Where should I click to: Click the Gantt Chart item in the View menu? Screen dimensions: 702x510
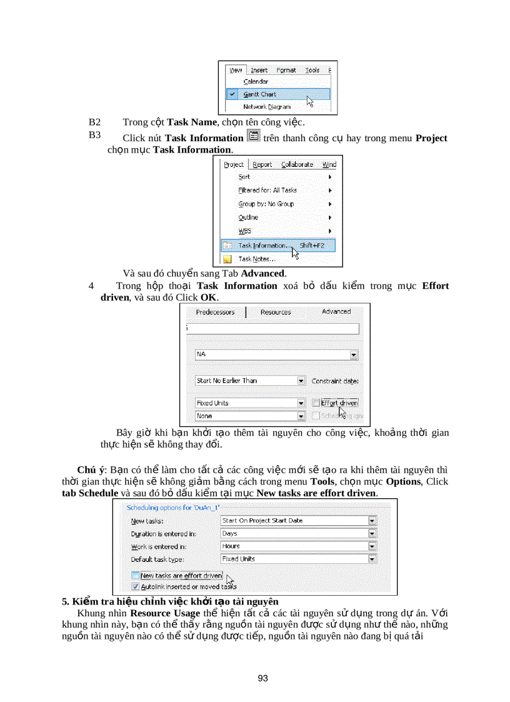coord(259,94)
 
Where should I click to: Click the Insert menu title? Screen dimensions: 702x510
coord(259,71)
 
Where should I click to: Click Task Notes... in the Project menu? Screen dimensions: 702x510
coord(256,259)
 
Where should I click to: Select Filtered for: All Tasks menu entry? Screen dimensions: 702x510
coord(267,190)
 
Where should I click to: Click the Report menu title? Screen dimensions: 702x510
coord(262,165)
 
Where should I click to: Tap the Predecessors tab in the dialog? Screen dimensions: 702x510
coord(216,311)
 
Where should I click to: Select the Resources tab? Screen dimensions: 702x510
coord(275,311)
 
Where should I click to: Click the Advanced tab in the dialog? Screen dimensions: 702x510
coord(336,311)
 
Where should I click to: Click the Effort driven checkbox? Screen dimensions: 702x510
coord(316,403)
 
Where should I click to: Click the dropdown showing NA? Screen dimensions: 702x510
coord(276,354)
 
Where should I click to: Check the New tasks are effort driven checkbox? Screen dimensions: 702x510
coord(135,576)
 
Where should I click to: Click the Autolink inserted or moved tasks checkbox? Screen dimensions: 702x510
coord(135,587)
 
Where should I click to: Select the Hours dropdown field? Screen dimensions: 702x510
coord(299,546)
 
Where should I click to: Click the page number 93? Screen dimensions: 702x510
coord(262,678)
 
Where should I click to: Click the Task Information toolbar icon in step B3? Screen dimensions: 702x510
coord(253,136)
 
